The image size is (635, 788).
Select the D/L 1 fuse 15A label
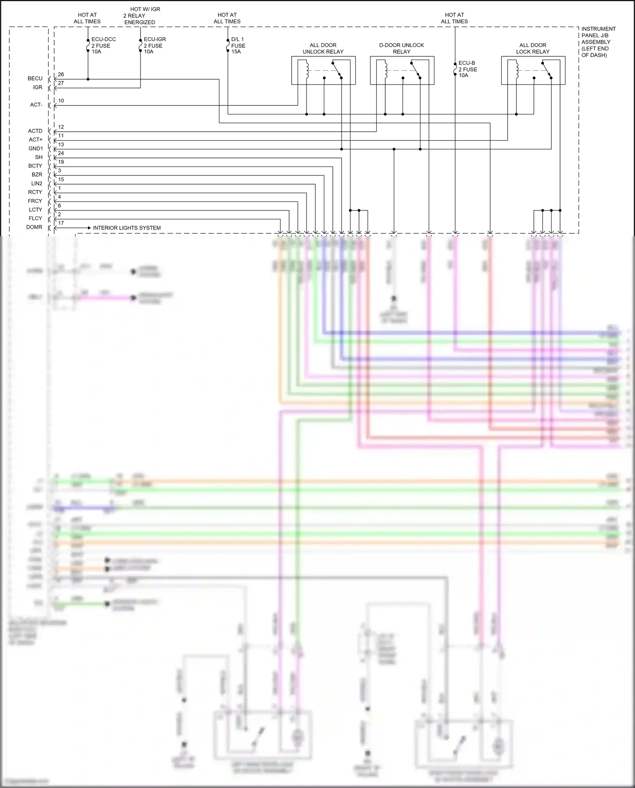(238, 45)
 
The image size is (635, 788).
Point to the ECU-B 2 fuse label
(467, 69)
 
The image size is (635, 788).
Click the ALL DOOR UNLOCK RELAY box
(323, 70)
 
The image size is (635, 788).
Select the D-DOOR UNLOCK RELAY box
(402, 70)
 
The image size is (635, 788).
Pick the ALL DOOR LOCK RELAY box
(533, 70)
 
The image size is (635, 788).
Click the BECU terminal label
(35, 78)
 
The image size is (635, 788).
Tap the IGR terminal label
(38, 87)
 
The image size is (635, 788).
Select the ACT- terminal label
(36, 105)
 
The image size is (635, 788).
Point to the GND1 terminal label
(36, 149)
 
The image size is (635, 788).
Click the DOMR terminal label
(34, 227)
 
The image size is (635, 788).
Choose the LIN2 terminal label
(37, 183)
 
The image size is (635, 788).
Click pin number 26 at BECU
(61, 75)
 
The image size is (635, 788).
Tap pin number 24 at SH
(61, 153)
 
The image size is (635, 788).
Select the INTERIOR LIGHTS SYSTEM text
(127, 228)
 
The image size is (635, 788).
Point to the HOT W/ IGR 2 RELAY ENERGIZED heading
(142, 16)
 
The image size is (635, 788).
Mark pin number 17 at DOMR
(61, 223)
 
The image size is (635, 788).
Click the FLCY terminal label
(36, 218)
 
